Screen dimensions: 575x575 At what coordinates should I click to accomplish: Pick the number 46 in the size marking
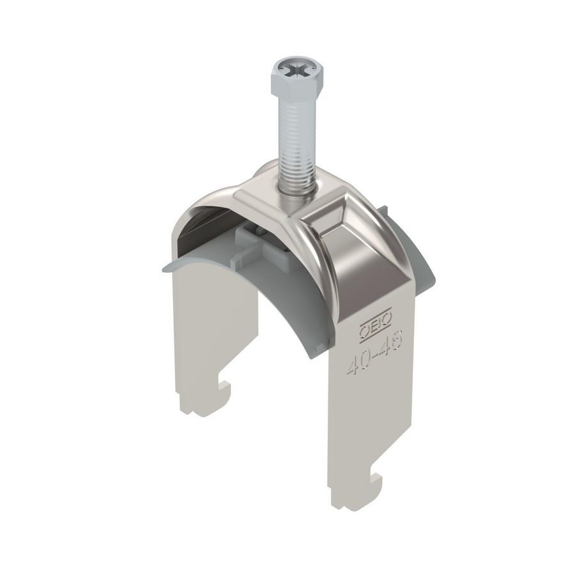[x=392, y=348]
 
